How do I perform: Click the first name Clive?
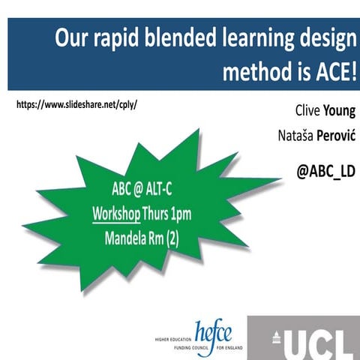click(304, 112)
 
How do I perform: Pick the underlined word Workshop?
click(116, 213)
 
